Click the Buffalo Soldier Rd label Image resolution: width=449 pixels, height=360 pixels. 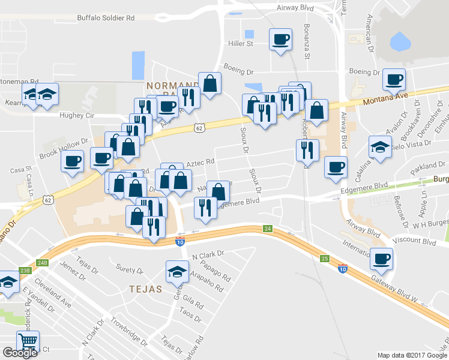106,18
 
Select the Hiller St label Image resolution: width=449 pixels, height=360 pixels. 241,44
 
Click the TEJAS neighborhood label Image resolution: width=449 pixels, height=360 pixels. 146,289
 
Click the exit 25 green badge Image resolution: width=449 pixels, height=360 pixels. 325,259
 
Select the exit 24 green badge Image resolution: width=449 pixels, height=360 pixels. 268,229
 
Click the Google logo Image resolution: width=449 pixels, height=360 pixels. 20,353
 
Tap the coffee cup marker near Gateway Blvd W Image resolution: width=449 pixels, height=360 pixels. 381,259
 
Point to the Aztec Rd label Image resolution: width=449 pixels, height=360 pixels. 200,162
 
